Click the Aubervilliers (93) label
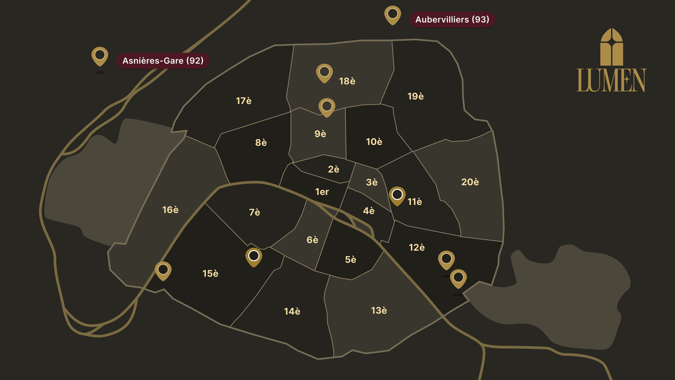click(452, 19)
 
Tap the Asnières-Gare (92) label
click(163, 61)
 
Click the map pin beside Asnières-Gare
click(100, 56)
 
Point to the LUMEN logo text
click(611, 80)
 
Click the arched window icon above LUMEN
click(612, 47)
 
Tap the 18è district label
click(347, 81)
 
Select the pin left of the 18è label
click(324, 72)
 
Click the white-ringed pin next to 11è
click(397, 195)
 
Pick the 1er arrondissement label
click(322, 192)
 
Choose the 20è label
click(470, 182)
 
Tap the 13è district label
click(379, 311)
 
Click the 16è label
click(170, 210)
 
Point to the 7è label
click(254, 212)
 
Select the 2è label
click(333, 169)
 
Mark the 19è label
click(415, 96)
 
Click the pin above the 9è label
click(327, 107)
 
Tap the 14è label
click(292, 311)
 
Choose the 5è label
click(350, 259)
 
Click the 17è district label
click(244, 101)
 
